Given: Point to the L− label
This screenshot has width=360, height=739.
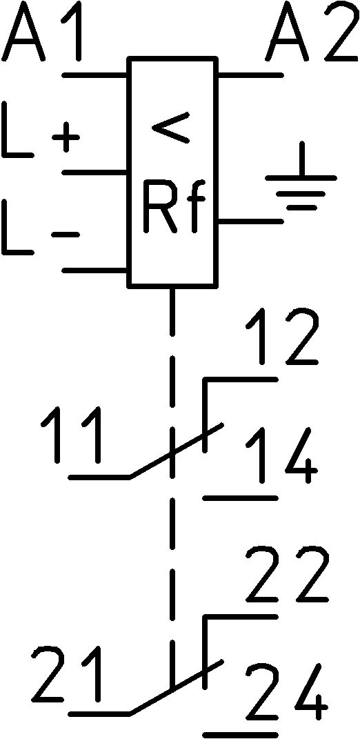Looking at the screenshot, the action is tap(41, 227).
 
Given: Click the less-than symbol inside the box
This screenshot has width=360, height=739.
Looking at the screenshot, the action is tap(170, 127).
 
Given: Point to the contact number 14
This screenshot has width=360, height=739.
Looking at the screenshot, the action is tap(282, 455).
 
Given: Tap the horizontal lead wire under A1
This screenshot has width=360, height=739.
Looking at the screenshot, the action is tap(94, 75).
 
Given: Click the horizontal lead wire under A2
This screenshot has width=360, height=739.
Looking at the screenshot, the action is tap(250, 75).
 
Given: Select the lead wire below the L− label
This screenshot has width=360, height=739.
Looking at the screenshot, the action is tap(94, 270).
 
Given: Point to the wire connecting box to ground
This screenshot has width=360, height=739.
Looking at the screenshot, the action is tap(250, 221).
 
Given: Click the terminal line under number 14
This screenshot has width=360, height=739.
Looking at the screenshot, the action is tap(240, 497).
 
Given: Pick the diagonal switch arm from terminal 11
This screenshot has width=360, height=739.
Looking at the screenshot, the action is tap(175, 451).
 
